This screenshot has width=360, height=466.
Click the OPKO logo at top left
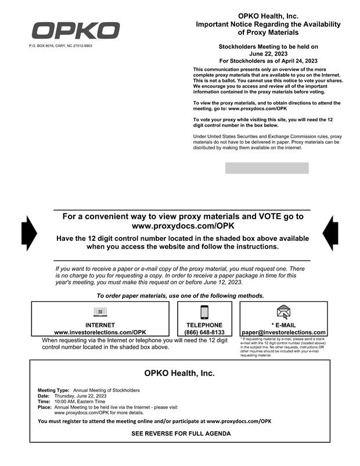[x=75, y=30]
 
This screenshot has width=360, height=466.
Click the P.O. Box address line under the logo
[x=60, y=46]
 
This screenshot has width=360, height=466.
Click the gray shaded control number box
[x=267, y=168]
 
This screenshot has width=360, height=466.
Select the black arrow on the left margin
[x=28, y=233]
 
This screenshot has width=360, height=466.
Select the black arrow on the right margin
[x=330, y=233]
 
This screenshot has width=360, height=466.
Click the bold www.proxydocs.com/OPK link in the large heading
[x=183, y=226]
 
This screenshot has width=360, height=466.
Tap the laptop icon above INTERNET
[x=100, y=312]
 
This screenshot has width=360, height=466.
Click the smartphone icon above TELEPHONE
[x=204, y=312]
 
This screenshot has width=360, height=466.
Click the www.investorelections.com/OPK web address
[x=100, y=333]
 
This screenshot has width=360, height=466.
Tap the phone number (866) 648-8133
[x=204, y=333]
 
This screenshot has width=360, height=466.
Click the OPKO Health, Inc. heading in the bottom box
[x=179, y=373]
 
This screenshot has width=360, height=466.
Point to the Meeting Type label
[x=53, y=390]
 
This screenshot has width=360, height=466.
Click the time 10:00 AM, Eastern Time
[x=80, y=401]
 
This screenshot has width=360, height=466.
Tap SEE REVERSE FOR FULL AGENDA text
[x=181, y=434]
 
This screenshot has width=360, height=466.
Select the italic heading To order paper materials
[x=180, y=296]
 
